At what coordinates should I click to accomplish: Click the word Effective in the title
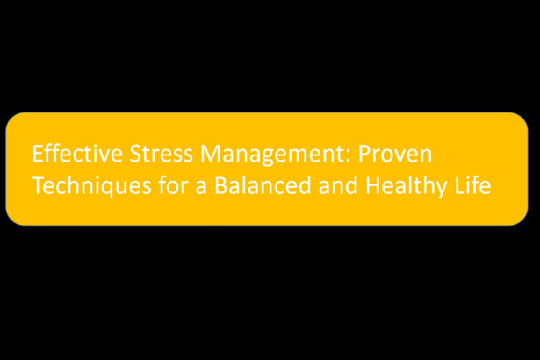77,154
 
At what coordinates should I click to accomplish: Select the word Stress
162,154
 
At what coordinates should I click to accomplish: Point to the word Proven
395,154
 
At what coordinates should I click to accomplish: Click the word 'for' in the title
173,185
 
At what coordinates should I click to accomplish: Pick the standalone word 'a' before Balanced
201,189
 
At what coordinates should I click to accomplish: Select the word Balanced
263,185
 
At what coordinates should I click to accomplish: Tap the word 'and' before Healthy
338,185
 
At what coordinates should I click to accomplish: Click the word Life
472,185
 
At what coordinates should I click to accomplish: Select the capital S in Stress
136,154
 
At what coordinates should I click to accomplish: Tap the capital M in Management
211,154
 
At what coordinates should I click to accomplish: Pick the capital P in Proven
364,154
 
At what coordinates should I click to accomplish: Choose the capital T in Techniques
39,186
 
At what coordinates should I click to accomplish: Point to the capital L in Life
460,186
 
